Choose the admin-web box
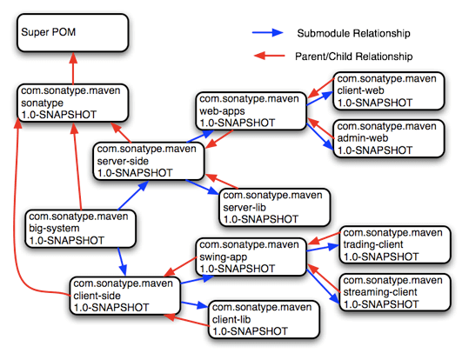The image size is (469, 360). [387, 137]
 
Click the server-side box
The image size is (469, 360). [149, 161]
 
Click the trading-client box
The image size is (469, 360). [394, 244]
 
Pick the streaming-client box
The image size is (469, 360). [394, 292]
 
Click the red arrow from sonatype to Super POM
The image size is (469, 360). [73, 68]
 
